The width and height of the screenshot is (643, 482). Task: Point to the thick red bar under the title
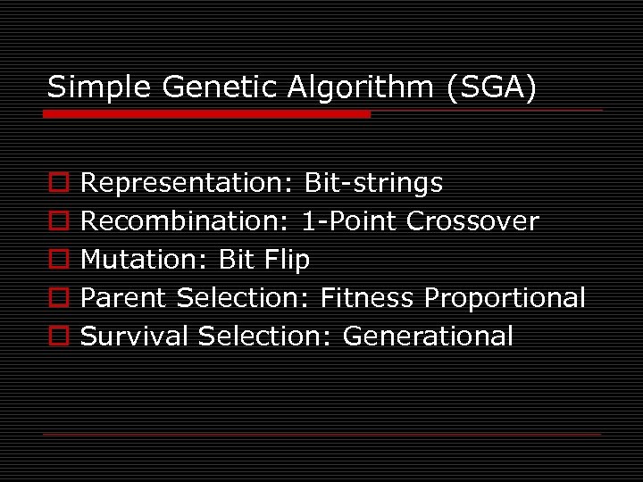(x=208, y=114)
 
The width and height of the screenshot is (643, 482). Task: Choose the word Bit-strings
(x=373, y=184)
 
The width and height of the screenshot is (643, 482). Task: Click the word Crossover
(x=473, y=221)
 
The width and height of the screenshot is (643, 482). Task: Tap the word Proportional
(x=505, y=299)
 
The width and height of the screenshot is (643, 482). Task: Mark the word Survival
(x=135, y=337)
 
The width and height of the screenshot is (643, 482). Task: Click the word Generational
(x=428, y=337)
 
